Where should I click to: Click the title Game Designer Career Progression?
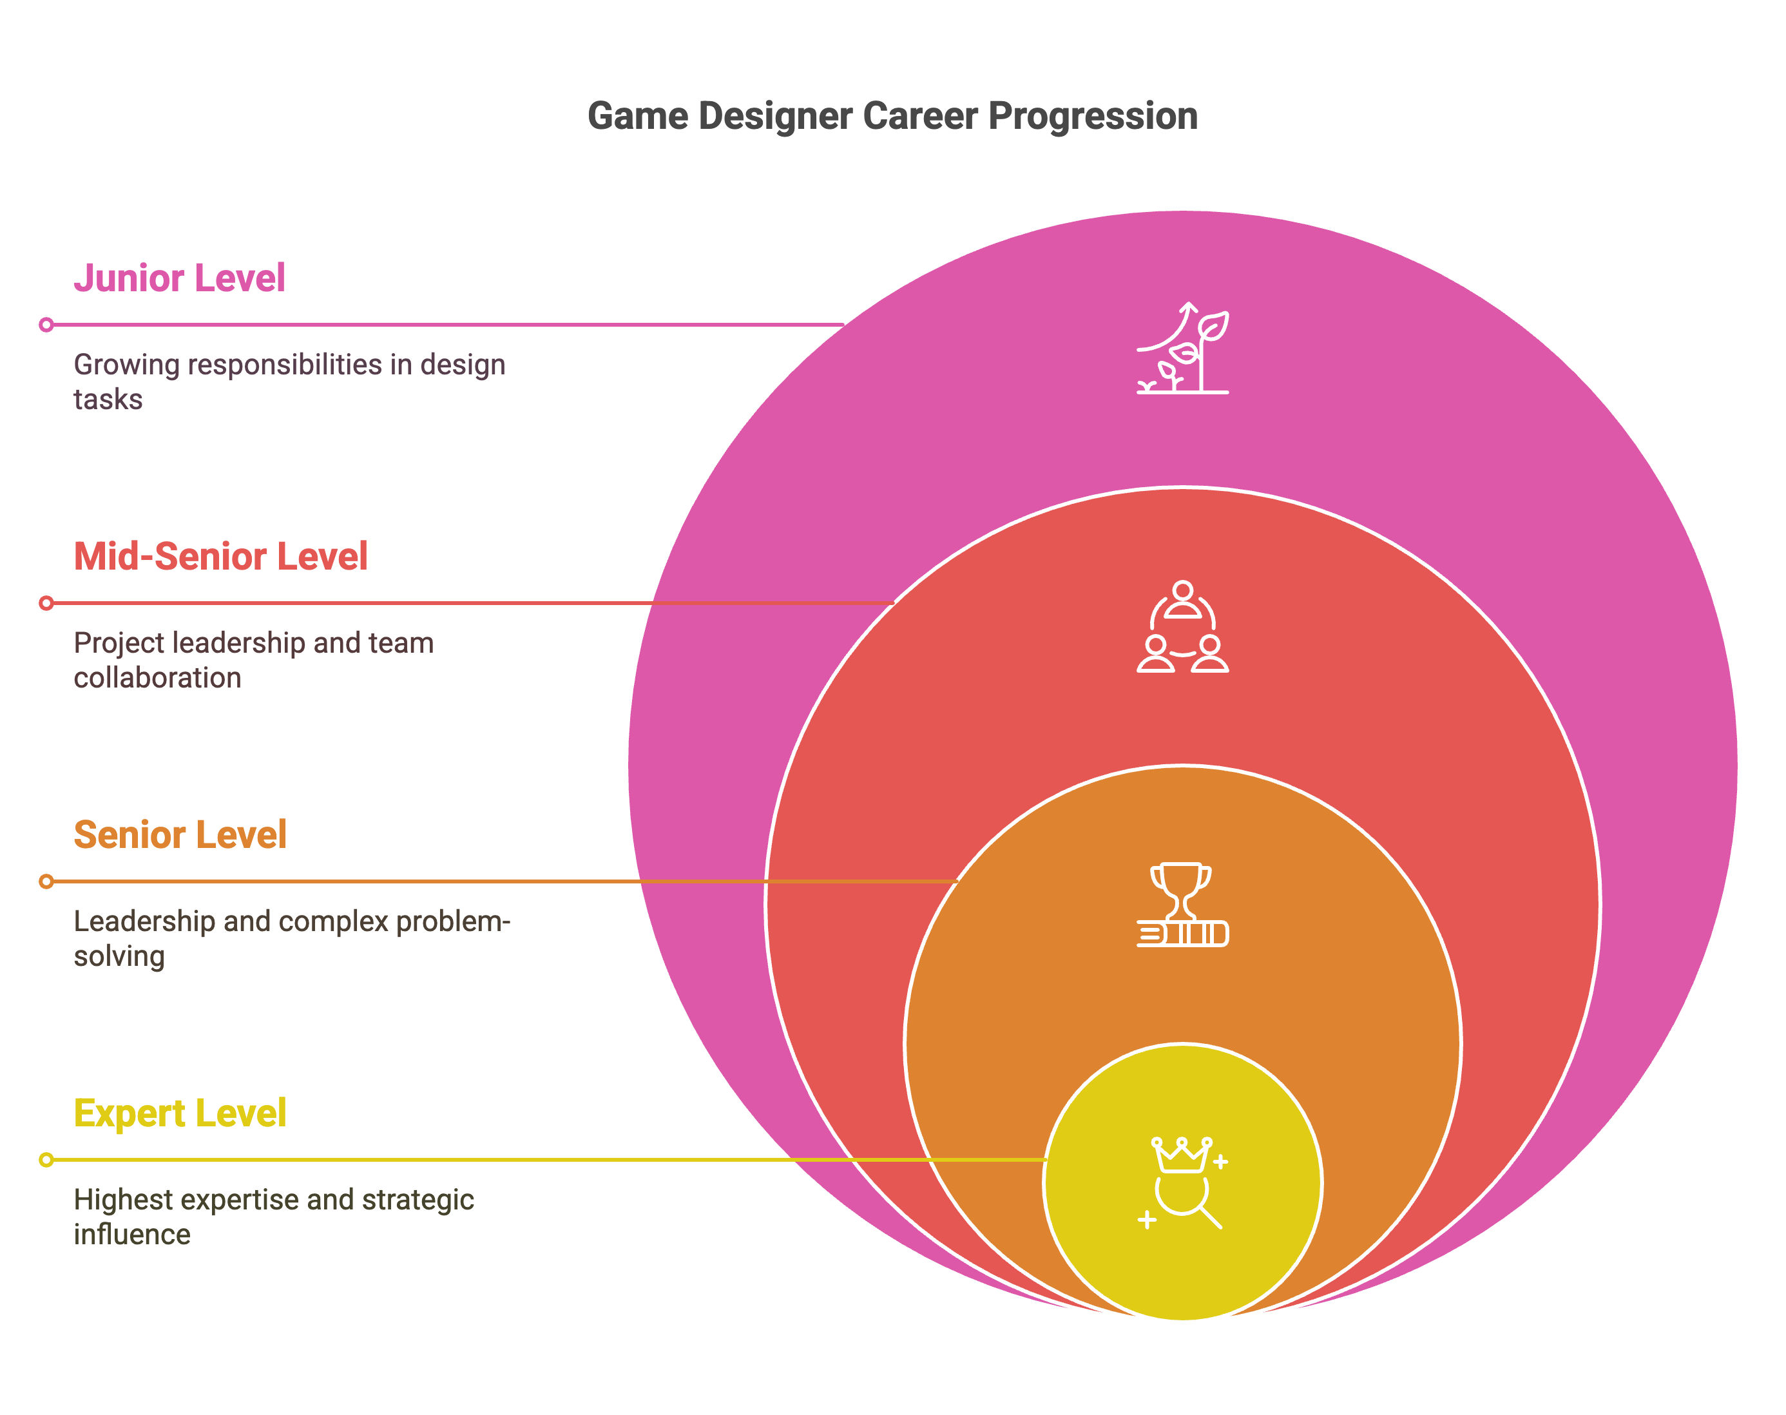[x=892, y=116]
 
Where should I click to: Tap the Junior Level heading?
[x=179, y=278]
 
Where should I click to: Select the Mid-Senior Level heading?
[x=220, y=557]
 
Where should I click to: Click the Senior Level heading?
[x=180, y=835]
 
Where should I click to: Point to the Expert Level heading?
[x=180, y=1113]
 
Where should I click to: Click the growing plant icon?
[x=1182, y=348]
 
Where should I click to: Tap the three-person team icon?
[x=1182, y=627]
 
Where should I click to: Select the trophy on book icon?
[x=1182, y=905]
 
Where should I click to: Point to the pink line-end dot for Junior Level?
[x=46, y=325]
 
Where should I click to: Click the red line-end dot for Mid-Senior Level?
[x=46, y=603]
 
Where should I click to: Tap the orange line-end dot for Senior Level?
[x=46, y=881]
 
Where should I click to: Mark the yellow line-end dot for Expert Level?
[x=46, y=1160]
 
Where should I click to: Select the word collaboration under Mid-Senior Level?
[x=157, y=679]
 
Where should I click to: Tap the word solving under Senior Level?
[x=119, y=957]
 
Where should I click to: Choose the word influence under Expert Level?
[x=131, y=1235]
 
